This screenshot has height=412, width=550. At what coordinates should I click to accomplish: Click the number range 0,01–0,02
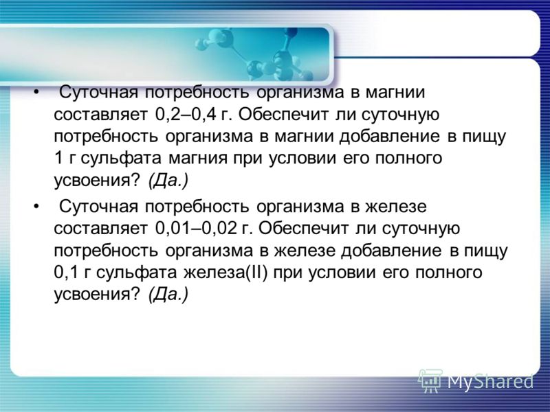point(196,229)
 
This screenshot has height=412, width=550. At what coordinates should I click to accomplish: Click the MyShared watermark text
point(490,382)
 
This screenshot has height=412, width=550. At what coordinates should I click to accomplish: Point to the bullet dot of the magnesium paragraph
point(36,93)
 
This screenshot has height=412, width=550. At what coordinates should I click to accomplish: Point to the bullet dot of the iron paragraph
point(36,207)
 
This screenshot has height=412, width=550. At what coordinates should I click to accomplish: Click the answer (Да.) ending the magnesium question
point(168,181)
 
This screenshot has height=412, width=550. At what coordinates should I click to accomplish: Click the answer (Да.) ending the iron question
point(168,295)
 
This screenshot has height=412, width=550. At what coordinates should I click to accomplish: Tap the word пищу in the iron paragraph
point(486,251)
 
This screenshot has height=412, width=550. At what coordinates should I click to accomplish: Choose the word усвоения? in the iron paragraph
point(97,295)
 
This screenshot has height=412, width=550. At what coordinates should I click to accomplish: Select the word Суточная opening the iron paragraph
point(98,207)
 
